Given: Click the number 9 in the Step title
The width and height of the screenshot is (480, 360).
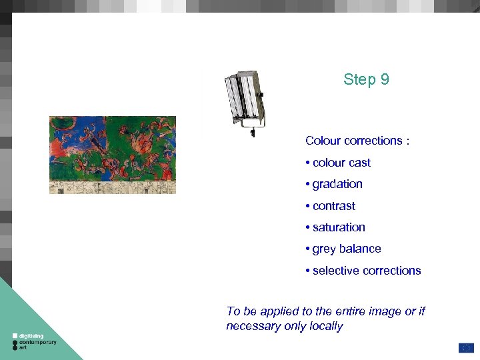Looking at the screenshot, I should click(x=385, y=80).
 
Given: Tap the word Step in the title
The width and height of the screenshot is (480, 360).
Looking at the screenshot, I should click(x=359, y=80).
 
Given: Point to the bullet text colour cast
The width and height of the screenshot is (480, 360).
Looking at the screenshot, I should click(x=341, y=163).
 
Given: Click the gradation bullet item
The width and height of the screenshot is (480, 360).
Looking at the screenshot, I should click(x=337, y=184).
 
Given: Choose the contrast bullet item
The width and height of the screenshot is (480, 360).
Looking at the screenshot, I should click(x=333, y=206).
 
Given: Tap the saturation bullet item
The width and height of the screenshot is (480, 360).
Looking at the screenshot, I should click(x=338, y=227).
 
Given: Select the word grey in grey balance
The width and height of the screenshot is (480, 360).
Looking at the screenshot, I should click(x=324, y=249).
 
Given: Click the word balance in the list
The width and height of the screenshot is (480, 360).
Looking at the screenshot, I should click(x=360, y=249).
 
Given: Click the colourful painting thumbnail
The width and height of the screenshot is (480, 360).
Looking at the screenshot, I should click(x=112, y=155).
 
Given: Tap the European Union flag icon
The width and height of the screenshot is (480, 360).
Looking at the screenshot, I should click(x=465, y=347).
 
